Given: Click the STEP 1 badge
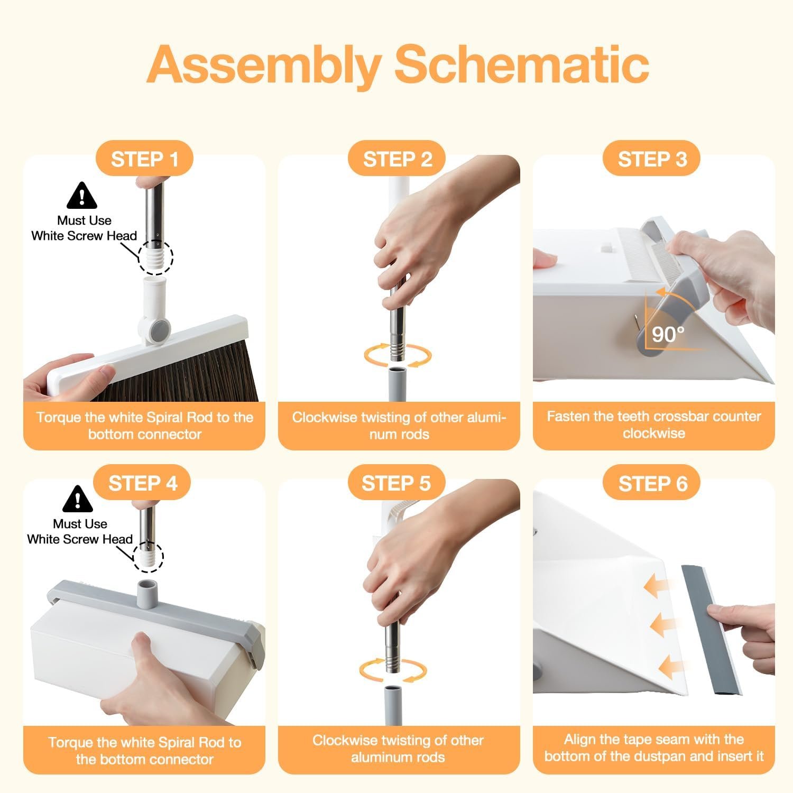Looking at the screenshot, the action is point(144,159).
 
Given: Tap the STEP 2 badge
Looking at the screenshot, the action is point(397,159).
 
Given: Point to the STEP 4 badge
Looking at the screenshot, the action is point(142,483).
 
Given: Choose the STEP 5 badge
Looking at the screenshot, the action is point(396,483).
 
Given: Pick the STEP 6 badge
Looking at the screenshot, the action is point(652,483).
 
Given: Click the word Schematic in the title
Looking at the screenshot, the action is point(521,65).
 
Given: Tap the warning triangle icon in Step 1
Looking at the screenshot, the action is point(82,196).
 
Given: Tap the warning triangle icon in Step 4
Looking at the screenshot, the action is point(78,499).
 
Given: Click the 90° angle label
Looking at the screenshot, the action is point(668,334).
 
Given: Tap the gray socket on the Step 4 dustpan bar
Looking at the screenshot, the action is point(148,593).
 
